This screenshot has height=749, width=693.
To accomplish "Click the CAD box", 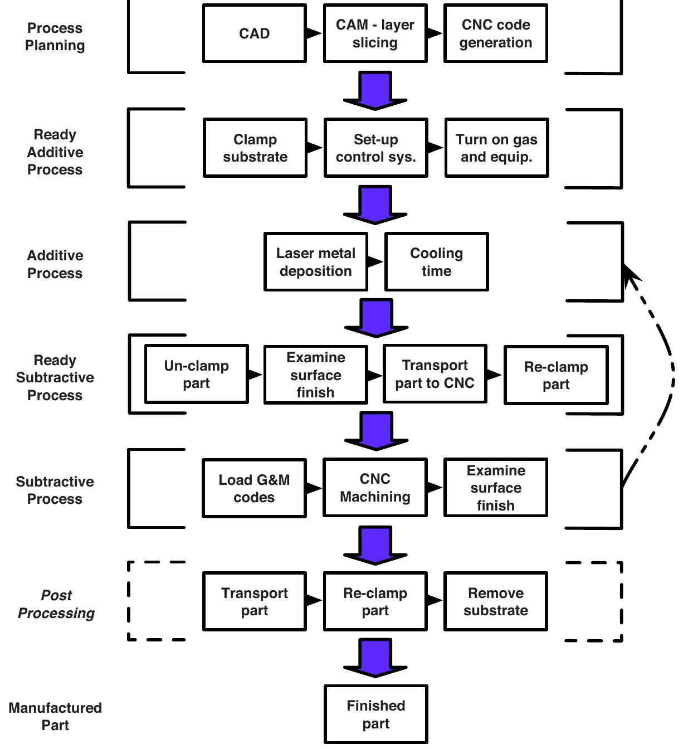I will click(255, 33).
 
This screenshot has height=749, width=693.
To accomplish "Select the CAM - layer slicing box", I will click(375, 33).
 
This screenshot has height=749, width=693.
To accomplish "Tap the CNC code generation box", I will click(495, 33).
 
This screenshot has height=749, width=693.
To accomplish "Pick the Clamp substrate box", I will click(255, 148).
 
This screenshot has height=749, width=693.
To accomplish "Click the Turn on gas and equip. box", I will click(496, 148).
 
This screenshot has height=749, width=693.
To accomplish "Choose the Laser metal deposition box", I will click(315, 262).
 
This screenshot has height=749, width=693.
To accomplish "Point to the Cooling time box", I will click(436, 262).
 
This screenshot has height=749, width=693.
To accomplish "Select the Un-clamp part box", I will click(196, 374).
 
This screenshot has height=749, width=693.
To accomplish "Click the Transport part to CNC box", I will click(435, 374).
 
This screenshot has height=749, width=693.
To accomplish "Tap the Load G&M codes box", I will click(254, 489).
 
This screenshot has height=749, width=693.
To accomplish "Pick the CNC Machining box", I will click(375, 488).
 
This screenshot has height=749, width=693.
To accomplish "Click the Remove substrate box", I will click(495, 601).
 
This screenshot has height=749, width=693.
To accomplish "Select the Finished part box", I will click(375, 714).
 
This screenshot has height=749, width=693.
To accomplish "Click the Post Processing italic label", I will click(56, 604).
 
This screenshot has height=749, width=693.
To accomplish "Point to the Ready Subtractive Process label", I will click(55, 378).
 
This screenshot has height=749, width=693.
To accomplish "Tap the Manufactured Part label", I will click(55, 717).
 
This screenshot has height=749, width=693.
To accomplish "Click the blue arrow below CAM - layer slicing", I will click(375, 90).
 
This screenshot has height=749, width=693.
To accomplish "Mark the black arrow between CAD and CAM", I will click(314, 33).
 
